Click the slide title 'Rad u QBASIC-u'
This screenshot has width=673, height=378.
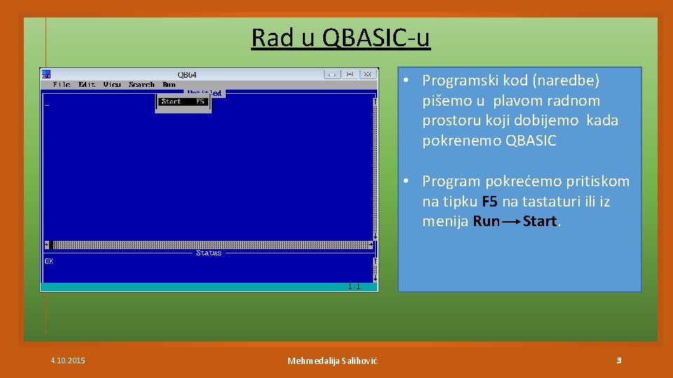tap(341, 37)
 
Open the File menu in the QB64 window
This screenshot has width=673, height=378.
tap(62, 85)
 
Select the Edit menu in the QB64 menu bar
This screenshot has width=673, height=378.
tap(87, 85)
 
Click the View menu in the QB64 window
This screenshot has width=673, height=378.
tap(112, 85)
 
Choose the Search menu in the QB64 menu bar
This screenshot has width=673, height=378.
tap(142, 85)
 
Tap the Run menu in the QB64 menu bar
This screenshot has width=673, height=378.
tap(169, 85)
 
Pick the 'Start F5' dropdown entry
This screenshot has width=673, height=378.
tap(183, 101)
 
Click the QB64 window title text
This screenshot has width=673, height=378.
tap(187, 74)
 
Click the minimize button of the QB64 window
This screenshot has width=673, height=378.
tap(332, 74)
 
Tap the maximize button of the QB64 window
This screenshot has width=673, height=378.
tap(350, 74)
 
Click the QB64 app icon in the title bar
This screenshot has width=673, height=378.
tap(46, 73)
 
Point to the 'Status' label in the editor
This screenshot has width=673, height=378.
tap(208, 253)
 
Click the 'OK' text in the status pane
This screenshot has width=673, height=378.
tap(49, 261)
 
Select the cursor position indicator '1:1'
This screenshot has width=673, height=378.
tap(354, 286)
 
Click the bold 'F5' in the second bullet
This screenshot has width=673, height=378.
tap(490, 202)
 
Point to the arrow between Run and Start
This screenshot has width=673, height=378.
tap(511, 222)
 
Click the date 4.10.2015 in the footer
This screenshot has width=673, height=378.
tap(68, 360)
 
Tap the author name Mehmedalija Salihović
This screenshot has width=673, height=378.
tap(332, 360)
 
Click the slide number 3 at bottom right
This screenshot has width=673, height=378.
tap(618, 360)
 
